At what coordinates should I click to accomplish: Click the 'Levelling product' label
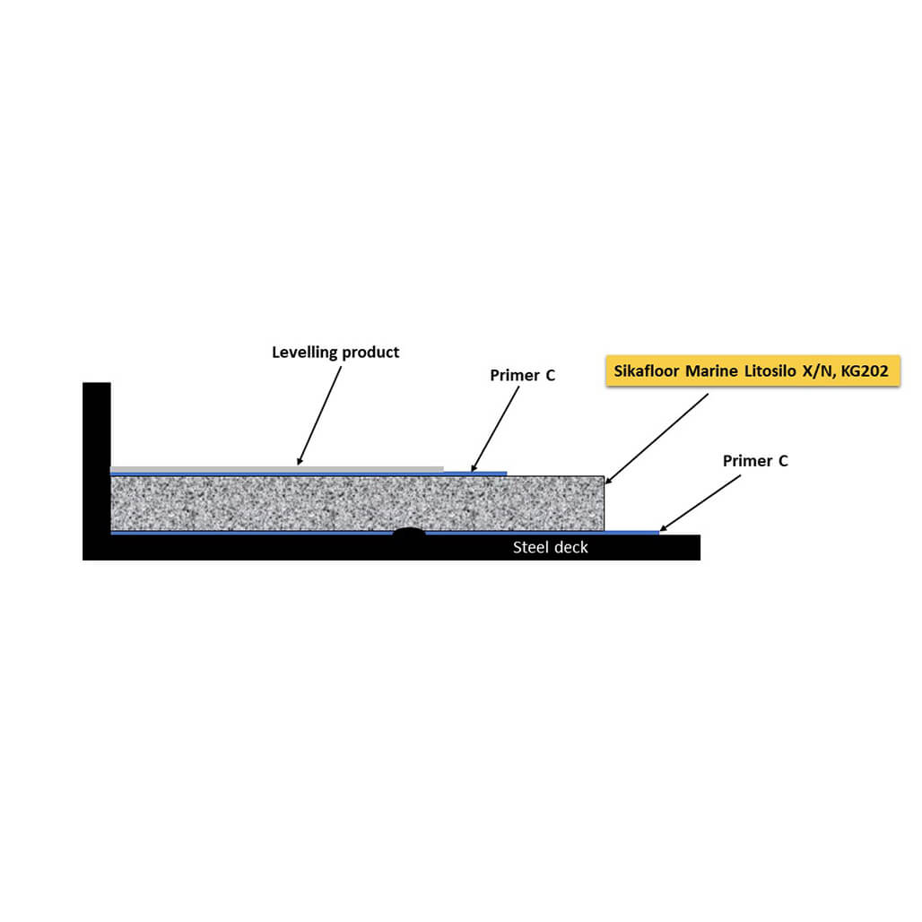[335, 352]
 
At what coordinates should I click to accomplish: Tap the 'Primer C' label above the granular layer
[522, 375]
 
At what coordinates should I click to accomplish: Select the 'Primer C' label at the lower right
[755, 461]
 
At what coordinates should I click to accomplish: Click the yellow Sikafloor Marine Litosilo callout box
[752, 371]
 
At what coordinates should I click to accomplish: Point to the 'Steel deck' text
[551, 547]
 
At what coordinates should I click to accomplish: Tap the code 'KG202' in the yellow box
[865, 371]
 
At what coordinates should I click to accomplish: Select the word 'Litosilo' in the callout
[770, 371]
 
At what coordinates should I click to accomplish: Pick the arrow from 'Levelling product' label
[319, 416]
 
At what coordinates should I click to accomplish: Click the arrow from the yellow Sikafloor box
[657, 439]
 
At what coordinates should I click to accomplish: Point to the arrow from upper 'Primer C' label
[495, 429]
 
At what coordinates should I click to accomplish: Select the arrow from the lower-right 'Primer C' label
[700, 503]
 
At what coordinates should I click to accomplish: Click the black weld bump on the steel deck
[409, 532]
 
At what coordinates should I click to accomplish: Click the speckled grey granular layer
[358, 503]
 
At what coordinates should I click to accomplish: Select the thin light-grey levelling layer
[277, 469]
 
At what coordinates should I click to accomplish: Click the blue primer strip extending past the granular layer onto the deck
[631, 533]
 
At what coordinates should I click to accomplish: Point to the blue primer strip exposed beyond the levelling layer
[475, 474]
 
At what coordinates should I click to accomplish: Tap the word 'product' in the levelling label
[370, 352]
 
